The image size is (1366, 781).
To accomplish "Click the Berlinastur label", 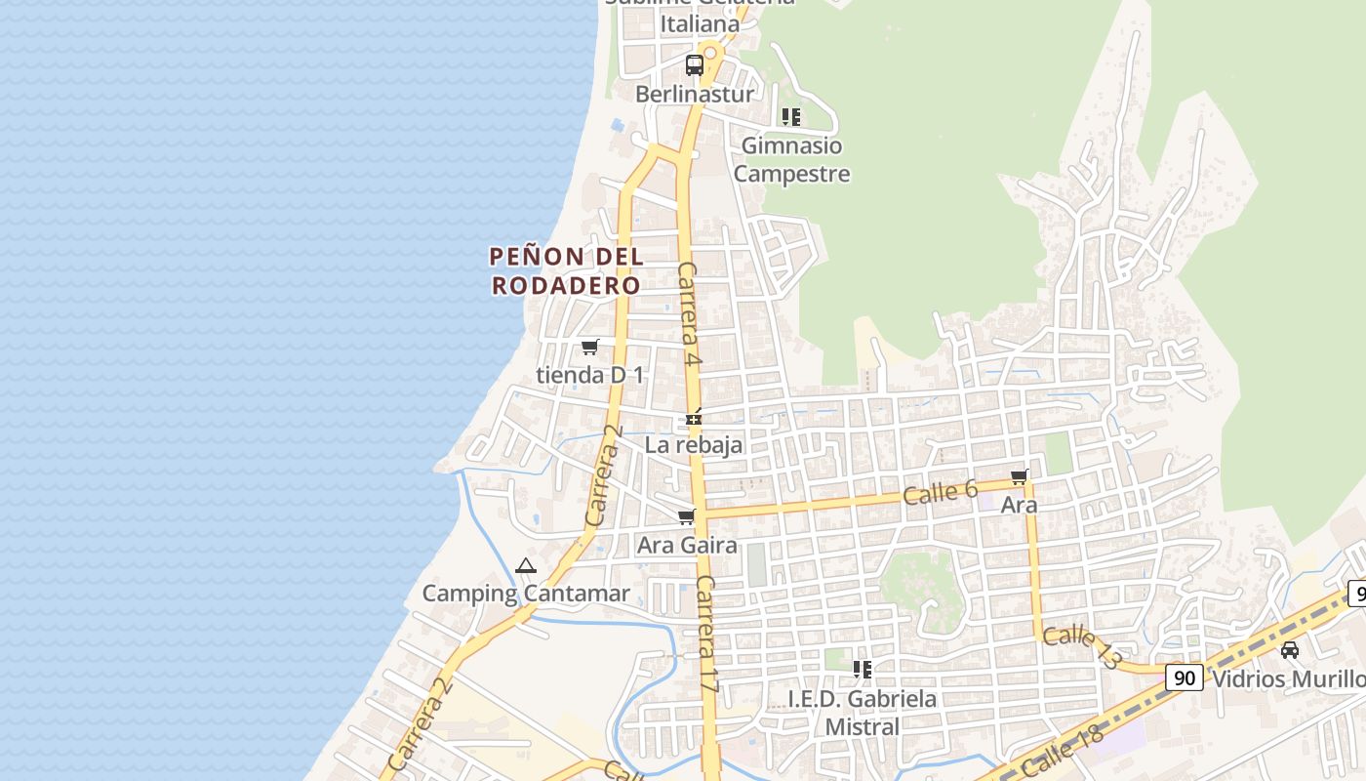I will tap(695, 94).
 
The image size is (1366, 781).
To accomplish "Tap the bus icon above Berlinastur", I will tap(695, 65).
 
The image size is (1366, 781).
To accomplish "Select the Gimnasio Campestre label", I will tap(791, 159).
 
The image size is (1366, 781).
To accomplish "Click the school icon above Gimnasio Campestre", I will tap(791, 117).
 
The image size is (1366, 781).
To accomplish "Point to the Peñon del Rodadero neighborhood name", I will tap(566, 270).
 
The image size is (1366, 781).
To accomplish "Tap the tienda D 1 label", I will tap(590, 375).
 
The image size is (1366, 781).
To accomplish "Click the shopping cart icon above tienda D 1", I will tap(589, 347).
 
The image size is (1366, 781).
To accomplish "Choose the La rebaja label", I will tap(694, 445).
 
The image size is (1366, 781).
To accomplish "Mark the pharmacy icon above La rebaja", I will tap(694, 419).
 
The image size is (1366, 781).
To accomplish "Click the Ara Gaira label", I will tap(687, 545).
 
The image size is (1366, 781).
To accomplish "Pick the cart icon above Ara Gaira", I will tap(687, 516).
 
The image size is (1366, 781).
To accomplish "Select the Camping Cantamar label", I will tap(526, 593).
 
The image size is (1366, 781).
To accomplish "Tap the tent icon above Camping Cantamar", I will tap(526, 565).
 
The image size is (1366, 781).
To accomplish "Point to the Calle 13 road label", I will tap(1081, 647).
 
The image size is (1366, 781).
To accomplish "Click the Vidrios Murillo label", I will tap(1288, 678).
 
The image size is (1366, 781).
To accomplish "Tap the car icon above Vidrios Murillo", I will tap(1290, 650).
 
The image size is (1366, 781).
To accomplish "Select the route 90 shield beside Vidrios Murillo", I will tap(1185, 678).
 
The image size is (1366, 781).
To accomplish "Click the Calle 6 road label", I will tap(940, 492).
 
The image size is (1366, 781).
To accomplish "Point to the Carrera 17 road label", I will tap(707, 635).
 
